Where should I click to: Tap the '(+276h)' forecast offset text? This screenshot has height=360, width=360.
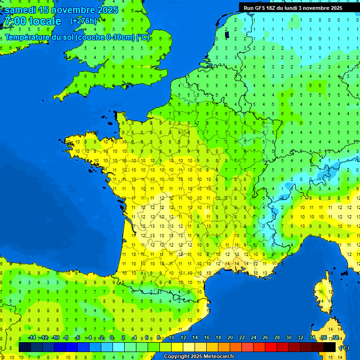pyautogui.click(x=83, y=21)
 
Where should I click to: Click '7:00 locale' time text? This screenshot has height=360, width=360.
pyautogui.click(x=32, y=21)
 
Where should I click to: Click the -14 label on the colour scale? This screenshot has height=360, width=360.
pyautogui.click(x=32, y=337)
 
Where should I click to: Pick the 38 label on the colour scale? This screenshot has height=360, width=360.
pyautogui.click(x=335, y=337)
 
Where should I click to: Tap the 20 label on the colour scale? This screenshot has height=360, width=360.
pyautogui.click(x=230, y=337)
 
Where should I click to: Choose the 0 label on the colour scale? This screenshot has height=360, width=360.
pyautogui.click(x=112, y=337)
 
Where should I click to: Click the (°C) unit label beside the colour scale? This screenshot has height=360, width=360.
pyautogui.click(x=344, y=348)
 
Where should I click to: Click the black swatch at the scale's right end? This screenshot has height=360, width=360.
pyautogui.click(x=330, y=347)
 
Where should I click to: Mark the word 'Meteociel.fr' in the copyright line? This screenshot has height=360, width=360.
pyautogui.click(x=219, y=357)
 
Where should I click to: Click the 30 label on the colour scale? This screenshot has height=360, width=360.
pyautogui.click(x=288, y=337)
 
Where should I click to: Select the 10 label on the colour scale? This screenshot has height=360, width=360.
pyautogui.click(x=172, y=337)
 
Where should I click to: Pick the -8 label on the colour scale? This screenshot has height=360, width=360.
pyautogui.click(x=66, y=337)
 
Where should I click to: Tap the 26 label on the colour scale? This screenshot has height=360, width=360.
pyautogui.click(x=265, y=337)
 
